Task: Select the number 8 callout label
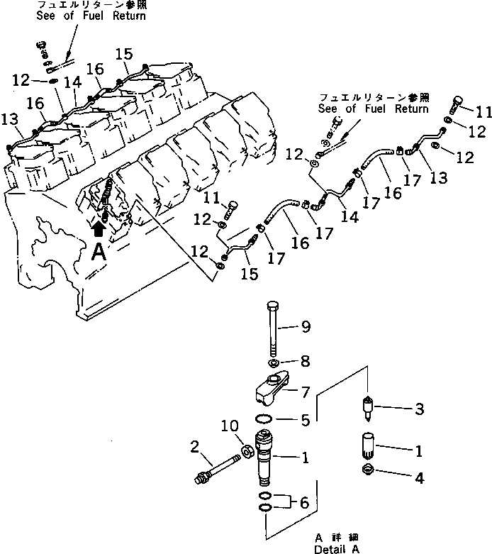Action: (x=306, y=361)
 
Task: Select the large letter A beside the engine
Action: (x=99, y=252)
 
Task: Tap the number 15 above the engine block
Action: (x=123, y=53)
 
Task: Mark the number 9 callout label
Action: (x=306, y=327)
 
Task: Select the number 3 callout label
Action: (x=418, y=409)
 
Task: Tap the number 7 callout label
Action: (x=306, y=391)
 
